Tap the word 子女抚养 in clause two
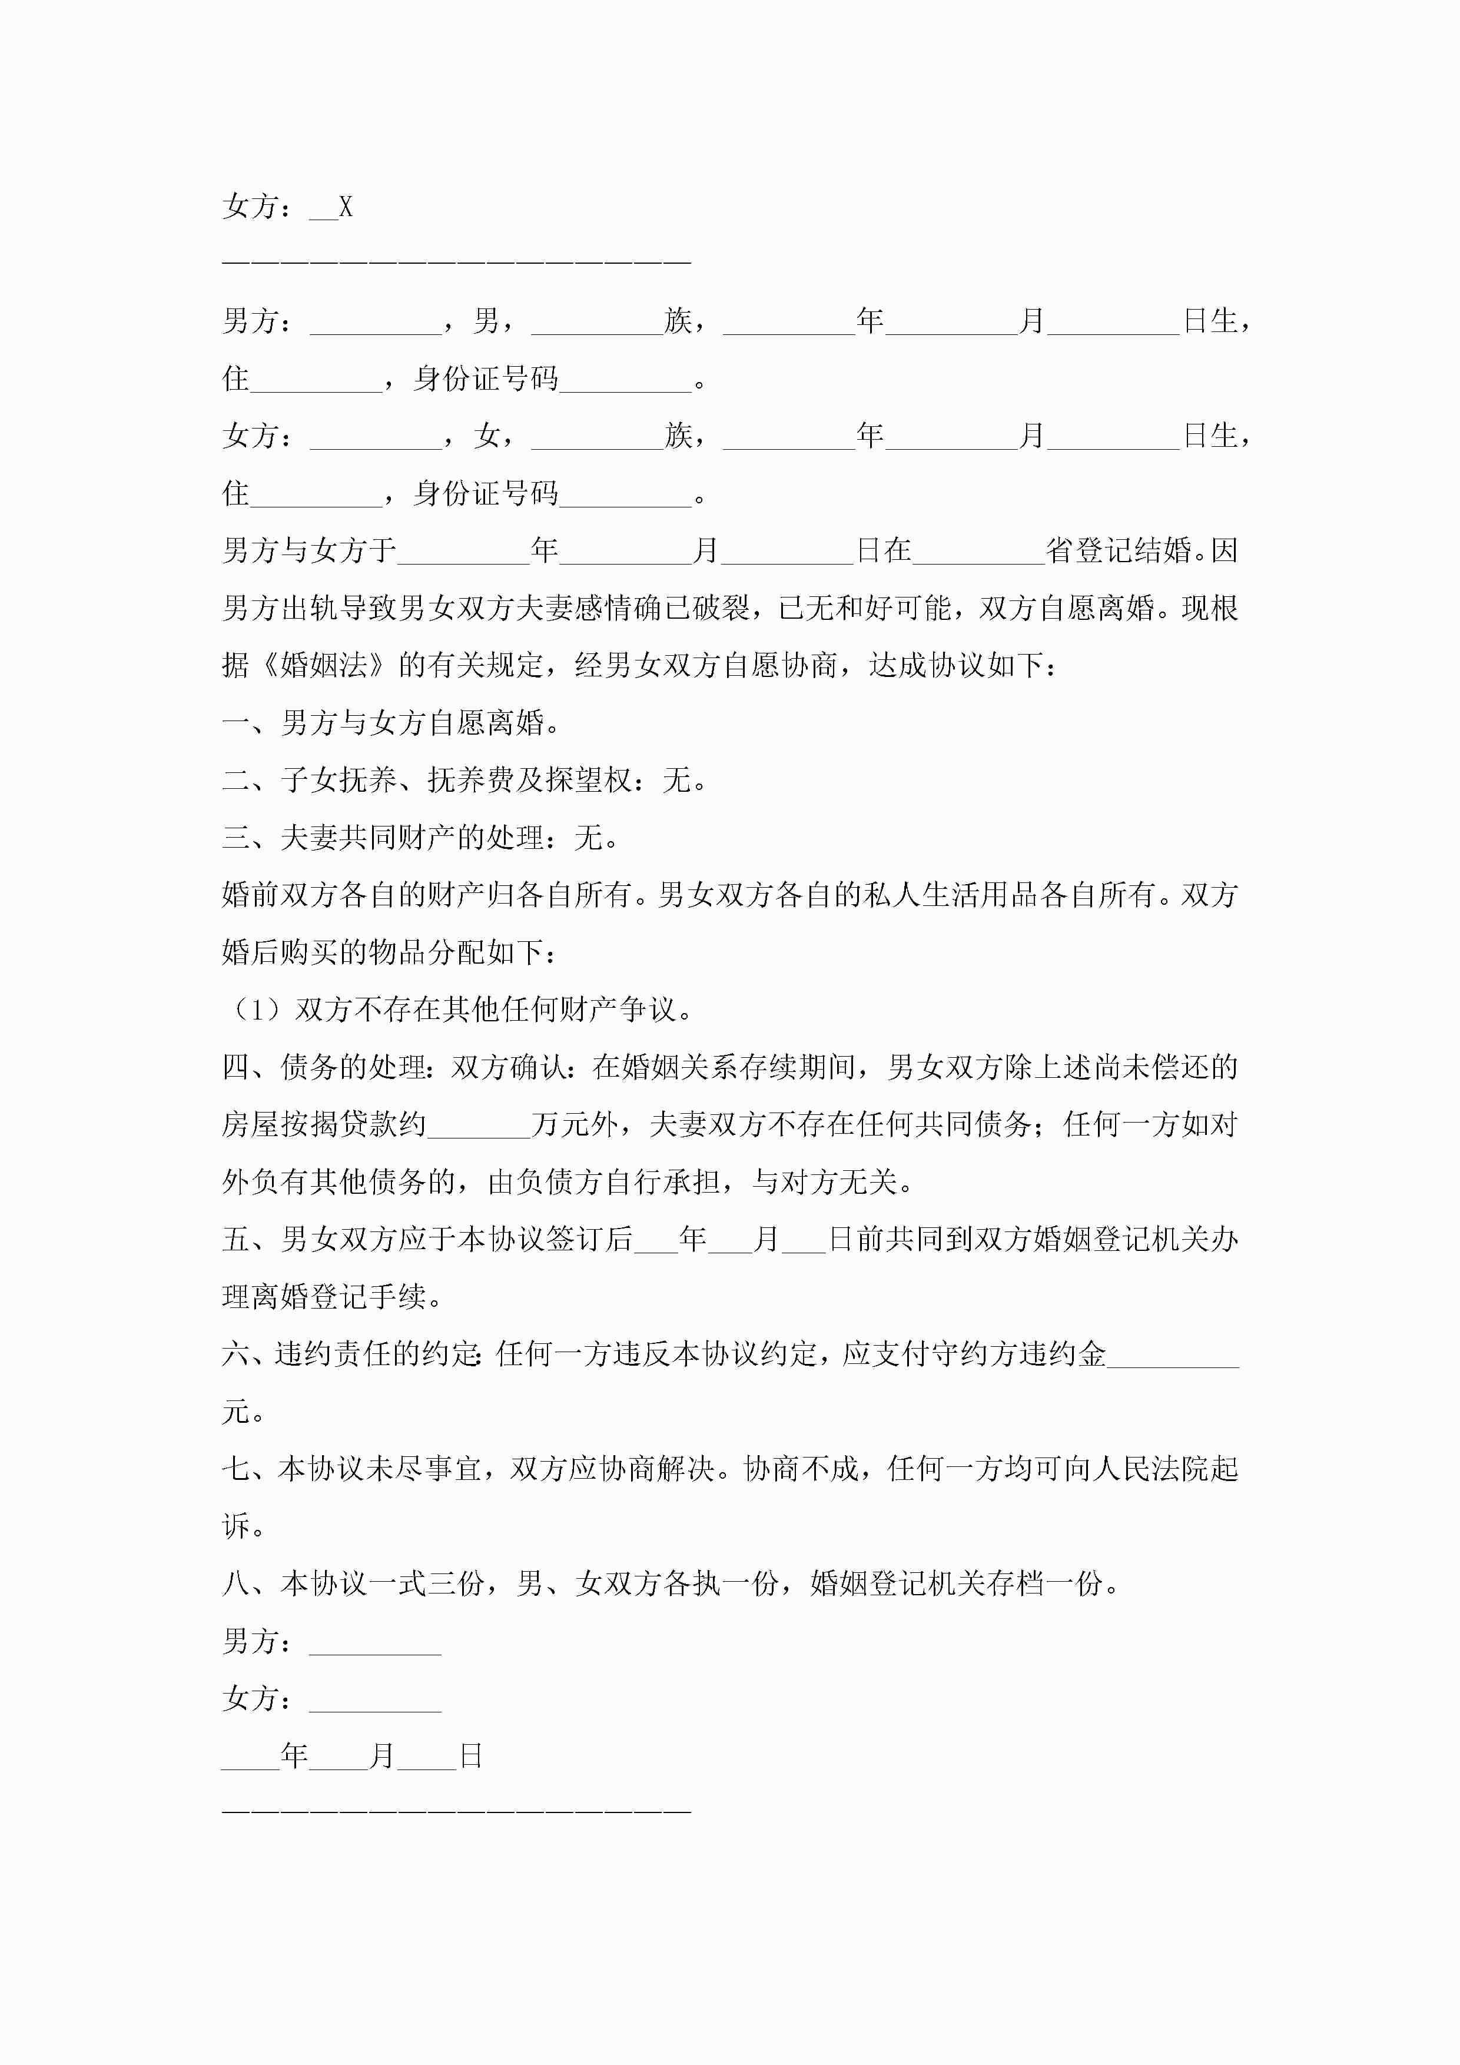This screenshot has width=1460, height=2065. [339, 781]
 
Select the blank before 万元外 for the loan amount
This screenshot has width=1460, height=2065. [479, 1125]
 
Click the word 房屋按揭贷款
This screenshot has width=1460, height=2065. [310, 1125]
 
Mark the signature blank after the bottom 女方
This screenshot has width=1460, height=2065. [375, 1699]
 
